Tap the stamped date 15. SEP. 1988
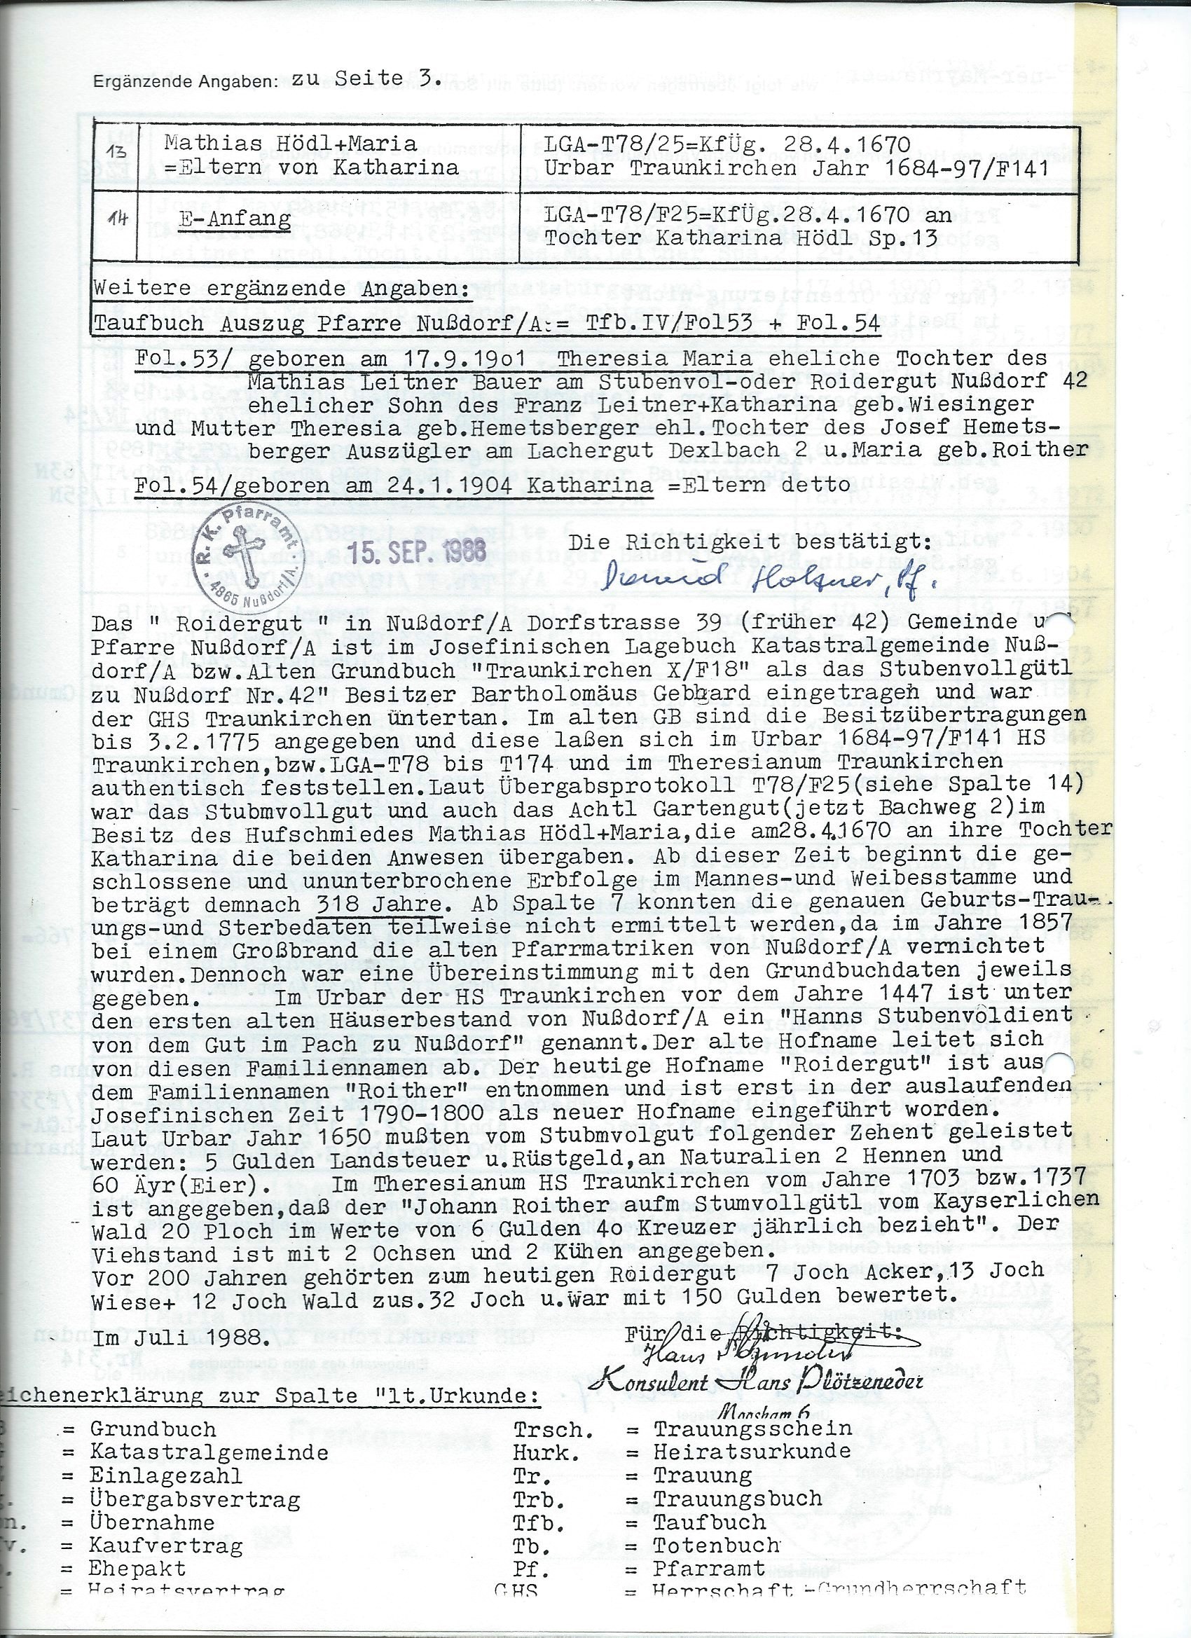point(422,553)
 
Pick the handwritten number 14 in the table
point(116,217)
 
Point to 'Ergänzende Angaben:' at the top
point(185,83)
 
